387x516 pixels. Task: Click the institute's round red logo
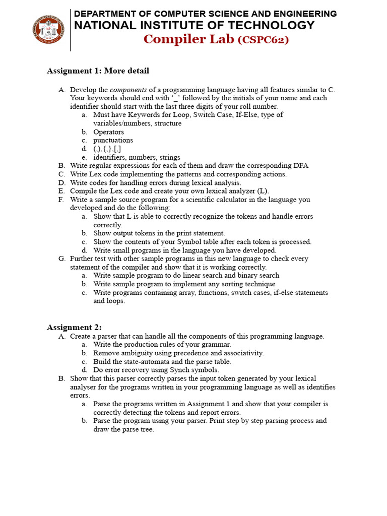(x=48, y=29)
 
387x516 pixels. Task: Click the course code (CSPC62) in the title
(x=264, y=40)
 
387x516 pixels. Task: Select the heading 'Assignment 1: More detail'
(x=98, y=71)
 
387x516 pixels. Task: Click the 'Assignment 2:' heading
(x=74, y=328)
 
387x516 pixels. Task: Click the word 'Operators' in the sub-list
(x=108, y=132)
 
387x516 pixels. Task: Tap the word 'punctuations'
(x=113, y=141)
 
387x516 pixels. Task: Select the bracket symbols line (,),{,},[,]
(x=107, y=149)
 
